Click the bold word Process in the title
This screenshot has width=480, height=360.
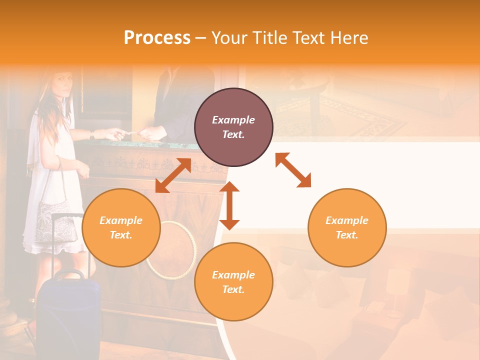[x=157, y=38]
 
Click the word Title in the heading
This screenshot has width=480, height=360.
[x=270, y=38]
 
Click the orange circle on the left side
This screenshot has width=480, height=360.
[x=121, y=227]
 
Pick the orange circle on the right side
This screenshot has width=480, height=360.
[x=347, y=227]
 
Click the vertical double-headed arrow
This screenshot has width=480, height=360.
[x=229, y=205]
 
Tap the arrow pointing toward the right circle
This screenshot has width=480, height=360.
[x=293, y=170]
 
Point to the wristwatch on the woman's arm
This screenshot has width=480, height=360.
[x=92, y=134]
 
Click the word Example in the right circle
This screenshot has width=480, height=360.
[x=347, y=220]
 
